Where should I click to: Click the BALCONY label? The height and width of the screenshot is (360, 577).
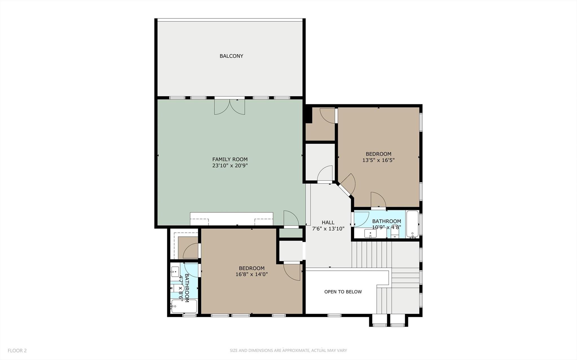(231, 56)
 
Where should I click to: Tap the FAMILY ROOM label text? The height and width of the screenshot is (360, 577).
(230, 159)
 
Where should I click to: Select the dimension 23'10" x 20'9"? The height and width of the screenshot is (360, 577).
(230, 166)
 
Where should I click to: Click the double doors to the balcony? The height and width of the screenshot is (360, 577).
(229, 106)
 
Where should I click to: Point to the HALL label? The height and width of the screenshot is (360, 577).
(328, 223)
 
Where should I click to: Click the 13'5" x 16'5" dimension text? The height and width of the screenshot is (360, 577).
(378, 160)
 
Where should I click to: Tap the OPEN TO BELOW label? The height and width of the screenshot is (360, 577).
(343, 292)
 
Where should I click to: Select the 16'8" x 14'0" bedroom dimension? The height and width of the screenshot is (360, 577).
(251, 274)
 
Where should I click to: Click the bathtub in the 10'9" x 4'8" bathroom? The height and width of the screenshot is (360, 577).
(412, 224)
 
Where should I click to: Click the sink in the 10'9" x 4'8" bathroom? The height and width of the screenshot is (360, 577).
(370, 234)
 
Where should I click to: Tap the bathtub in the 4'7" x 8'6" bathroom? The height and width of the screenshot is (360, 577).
(184, 306)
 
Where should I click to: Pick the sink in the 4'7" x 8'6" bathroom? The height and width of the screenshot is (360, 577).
(175, 272)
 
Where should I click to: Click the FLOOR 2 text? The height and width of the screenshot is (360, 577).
(17, 351)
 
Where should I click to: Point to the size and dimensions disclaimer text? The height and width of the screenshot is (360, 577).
(288, 351)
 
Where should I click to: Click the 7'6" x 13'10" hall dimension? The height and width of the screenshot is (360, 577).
(328, 229)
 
